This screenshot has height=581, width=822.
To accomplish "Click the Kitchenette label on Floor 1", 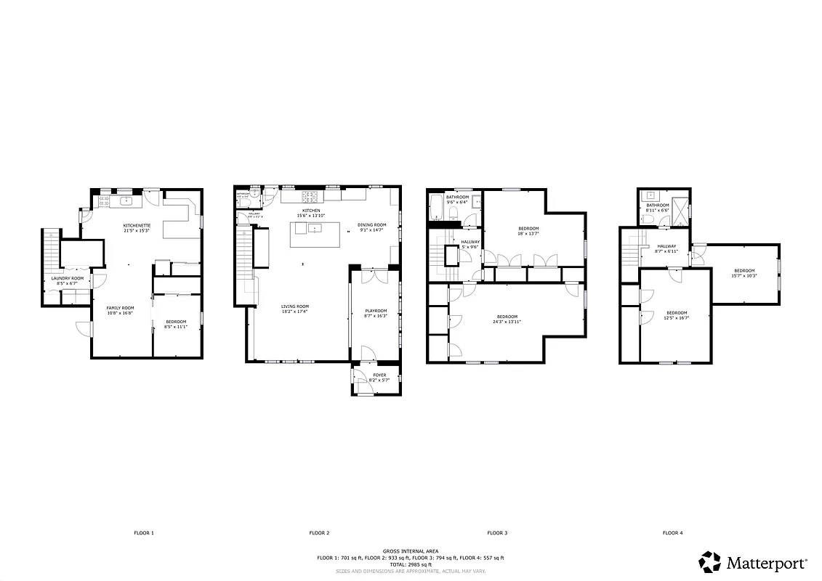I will (x=137, y=226).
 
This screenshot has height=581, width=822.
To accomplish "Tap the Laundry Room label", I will (x=67, y=279).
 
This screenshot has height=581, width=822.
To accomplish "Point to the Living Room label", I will (x=295, y=306).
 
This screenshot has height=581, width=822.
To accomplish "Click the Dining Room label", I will (x=371, y=225).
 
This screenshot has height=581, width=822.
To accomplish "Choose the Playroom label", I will (x=376, y=311).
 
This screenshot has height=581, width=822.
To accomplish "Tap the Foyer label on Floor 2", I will (x=375, y=375).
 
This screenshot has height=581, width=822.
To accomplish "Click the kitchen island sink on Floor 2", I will (x=315, y=228).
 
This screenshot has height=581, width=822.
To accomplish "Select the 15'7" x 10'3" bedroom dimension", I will (x=744, y=276).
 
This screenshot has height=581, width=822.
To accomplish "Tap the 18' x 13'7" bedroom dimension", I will (x=528, y=234).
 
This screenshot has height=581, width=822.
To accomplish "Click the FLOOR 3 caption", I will (x=497, y=533).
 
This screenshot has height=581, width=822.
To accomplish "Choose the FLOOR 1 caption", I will (x=144, y=533).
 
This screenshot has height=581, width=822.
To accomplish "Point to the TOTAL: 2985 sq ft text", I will (x=410, y=564).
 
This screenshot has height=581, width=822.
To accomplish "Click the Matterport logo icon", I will (x=710, y=561).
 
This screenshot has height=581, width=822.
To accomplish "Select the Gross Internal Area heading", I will (x=411, y=551).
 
